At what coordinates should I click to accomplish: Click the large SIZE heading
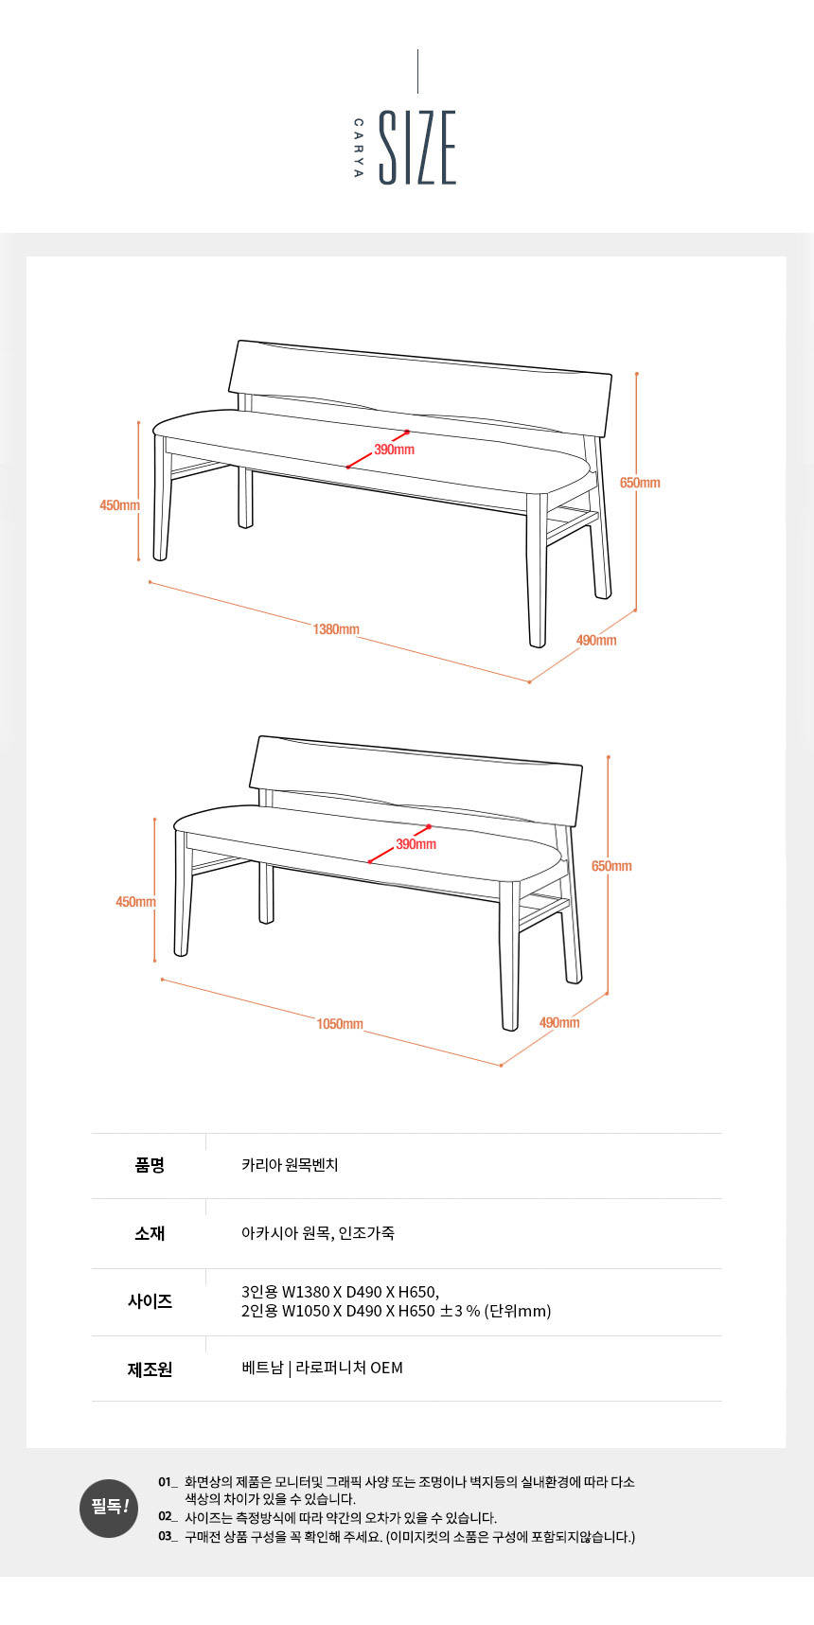coord(417,148)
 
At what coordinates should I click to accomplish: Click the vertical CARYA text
coord(358,148)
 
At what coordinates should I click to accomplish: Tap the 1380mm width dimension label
coord(336,629)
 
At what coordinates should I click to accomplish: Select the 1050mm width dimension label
coord(340,1024)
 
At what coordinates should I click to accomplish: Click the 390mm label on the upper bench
coord(394,450)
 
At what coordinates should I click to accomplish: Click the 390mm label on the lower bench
coord(416,844)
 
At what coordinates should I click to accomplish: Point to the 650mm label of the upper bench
coord(640,483)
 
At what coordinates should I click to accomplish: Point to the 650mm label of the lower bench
coord(611,866)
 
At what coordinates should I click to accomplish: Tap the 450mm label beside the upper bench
coord(119,505)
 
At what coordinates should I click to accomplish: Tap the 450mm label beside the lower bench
coord(135,902)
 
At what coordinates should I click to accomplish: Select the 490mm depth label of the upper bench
coord(596,641)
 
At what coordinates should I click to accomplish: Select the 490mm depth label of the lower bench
coord(559,1022)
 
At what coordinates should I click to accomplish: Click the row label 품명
coord(150,1165)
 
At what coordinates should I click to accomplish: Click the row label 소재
coord(150,1233)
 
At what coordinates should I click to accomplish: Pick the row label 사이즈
coord(150,1301)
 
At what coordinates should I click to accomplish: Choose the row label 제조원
coord(150,1369)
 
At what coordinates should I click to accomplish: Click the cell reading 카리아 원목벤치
coord(290,1165)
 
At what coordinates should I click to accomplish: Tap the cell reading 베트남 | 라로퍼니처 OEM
coord(322,1368)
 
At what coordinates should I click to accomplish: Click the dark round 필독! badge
coord(109,1509)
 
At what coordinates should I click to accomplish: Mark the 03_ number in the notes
coord(168,1536)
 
